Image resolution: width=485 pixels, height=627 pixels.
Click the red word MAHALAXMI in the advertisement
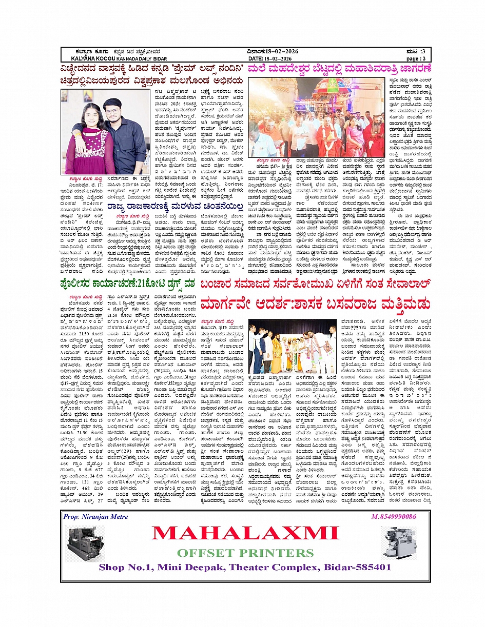pos(245,533)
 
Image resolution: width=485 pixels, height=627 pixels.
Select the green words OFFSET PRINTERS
pos(245,553)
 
